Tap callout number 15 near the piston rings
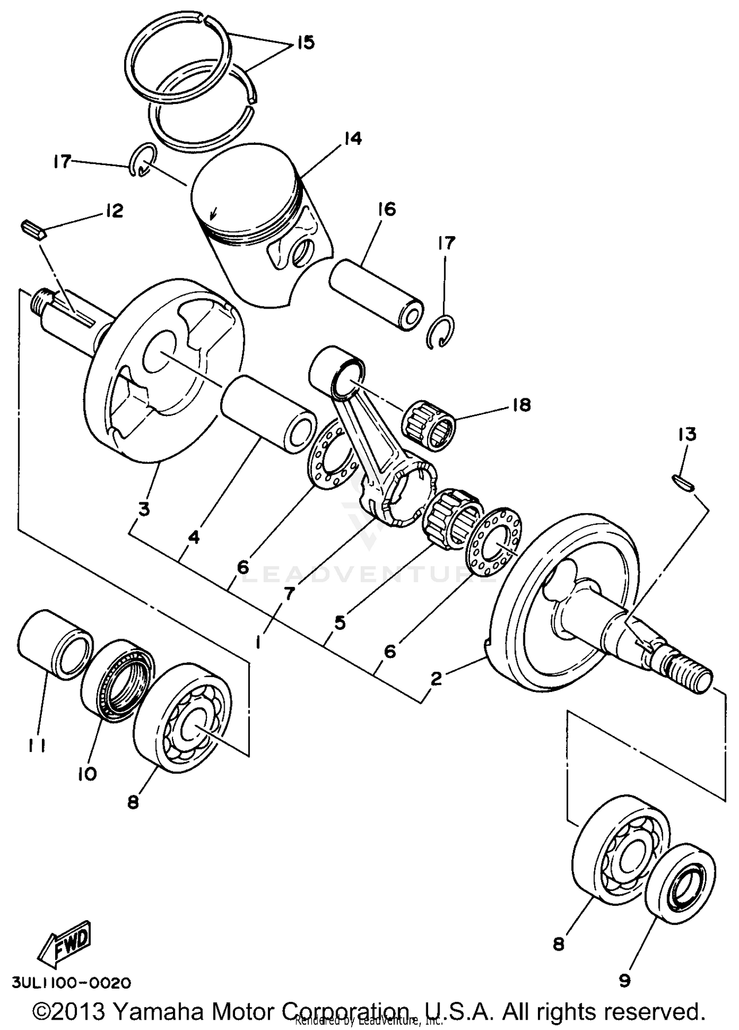tap(305, 43)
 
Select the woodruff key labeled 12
tap(34, 230)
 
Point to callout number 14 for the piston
tap(352, 138)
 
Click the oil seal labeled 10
tap(117, 680)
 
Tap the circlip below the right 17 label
tap(440, 331)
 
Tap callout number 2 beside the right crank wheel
tap(436, 679)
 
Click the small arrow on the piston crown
tap(213, 213)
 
